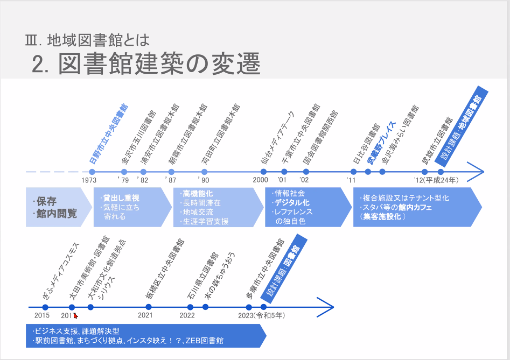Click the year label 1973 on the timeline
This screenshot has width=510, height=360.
tap(89, 180)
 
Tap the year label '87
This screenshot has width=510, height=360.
tap(171, 180)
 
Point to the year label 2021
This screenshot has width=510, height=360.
tap(145, 315)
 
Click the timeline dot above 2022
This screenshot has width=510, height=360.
tap(191, 307)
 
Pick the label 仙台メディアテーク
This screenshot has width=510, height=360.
tap(278, 137)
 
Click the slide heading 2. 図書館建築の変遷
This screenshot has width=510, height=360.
tap(146, 63)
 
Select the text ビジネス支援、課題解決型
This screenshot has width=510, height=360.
tap(76, 330)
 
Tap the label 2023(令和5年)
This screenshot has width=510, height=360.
tap(261, 315)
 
